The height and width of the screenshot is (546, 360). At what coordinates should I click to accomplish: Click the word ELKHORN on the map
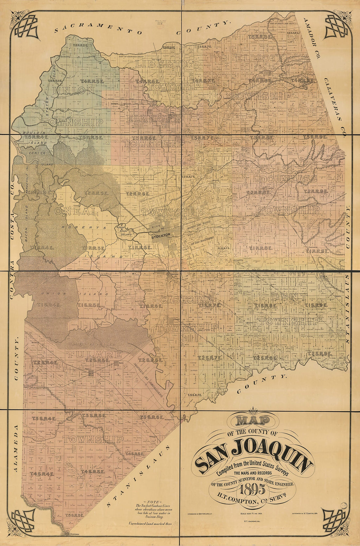pyautogui.click(x=153, y=119)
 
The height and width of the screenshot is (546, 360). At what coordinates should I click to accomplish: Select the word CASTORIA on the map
pyautogui.click(x=187, y=299)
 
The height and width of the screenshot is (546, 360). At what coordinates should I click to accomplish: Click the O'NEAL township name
pyautogui.click(x=77, y=212)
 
